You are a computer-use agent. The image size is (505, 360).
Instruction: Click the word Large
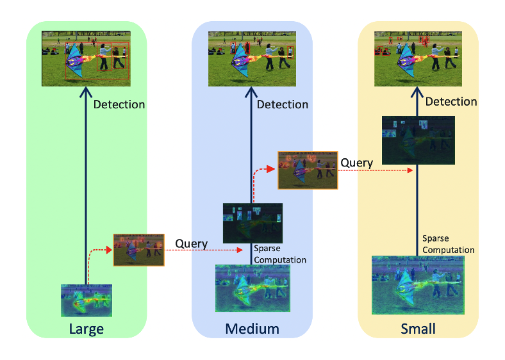click(x=86, y=329)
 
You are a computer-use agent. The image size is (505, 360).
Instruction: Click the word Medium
click(x=252, y=329)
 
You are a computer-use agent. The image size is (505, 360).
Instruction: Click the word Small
click(x=417, y=329)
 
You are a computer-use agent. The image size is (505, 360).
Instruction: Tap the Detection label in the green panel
click(x=119, y=104)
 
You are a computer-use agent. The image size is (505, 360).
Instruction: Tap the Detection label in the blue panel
click(x=283, y=104)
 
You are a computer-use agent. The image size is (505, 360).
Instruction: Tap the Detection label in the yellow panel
click(x=451, y=101)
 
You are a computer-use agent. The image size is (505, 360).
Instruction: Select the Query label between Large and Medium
click(x=191, y=243)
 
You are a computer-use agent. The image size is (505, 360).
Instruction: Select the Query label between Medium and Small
click(x=356, y=163)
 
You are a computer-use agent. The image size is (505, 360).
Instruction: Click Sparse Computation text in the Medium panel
click(x=280, y=254)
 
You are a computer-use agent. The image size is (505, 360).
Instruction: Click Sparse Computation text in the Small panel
click(x=449, y=244)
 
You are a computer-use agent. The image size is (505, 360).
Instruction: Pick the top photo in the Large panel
click(x=86, y=58)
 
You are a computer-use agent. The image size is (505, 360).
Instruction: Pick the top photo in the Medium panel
click(x=252, y=58)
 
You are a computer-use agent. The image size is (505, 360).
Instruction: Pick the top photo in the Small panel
click(x=418, y=58)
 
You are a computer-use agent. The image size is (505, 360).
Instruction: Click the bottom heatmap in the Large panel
click(x=87, y=300)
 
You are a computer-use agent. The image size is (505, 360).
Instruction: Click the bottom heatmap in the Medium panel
click(x=252, y=288)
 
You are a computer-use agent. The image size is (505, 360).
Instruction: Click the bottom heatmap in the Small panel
click(x=418, y=285)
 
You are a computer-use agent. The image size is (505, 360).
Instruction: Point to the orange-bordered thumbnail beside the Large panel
click(x=138, y=250)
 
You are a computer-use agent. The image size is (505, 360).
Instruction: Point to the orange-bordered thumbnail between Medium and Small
click(x=308, y=170)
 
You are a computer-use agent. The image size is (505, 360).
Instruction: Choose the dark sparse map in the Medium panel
click(x=252, y=223)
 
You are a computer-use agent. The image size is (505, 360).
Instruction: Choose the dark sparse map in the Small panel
click(x=418, y=140)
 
